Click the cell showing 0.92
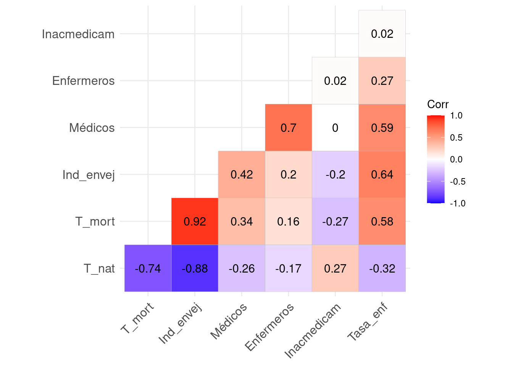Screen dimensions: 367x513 pyautogui.click(x=195, y=221)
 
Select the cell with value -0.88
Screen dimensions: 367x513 pyautogui.click(x=195, y=268)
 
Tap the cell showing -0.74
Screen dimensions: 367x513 pyautogui.click(x=148, y=268)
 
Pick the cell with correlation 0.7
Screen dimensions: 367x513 pyautogui.click(x=288, y=128)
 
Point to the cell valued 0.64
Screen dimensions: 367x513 pyautogui.click(x=382, y=175)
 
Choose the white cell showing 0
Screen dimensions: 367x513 pyautogui.click(x=335, y=128)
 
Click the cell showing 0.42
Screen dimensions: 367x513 pyautogui.click(x=242, y=175)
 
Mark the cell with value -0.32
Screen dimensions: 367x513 pyautogui.click(x=382, y=268)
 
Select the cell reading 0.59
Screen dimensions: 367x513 pyautogui.click(x=382, y=128)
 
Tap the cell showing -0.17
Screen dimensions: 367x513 pyautogui.click(x=288, y=268)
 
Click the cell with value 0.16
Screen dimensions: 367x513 pyautogui.click(x=288, y=221)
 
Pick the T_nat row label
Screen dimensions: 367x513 pyautogui.click(x=99, y=268)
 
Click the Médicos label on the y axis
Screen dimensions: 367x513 pyautogui.click(x=92, y=128)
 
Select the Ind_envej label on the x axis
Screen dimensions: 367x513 pyautogui.click(x=180, y=324)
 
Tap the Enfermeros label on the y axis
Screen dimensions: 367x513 pyautogui.click(x=84, y=81)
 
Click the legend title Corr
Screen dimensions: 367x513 pyautogui.click(x=438, y=104)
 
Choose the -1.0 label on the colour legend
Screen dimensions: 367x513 pyautogui.click(x=458, y=203)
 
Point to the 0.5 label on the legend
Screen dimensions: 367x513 pyautogui.click(x=456, y=138)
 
